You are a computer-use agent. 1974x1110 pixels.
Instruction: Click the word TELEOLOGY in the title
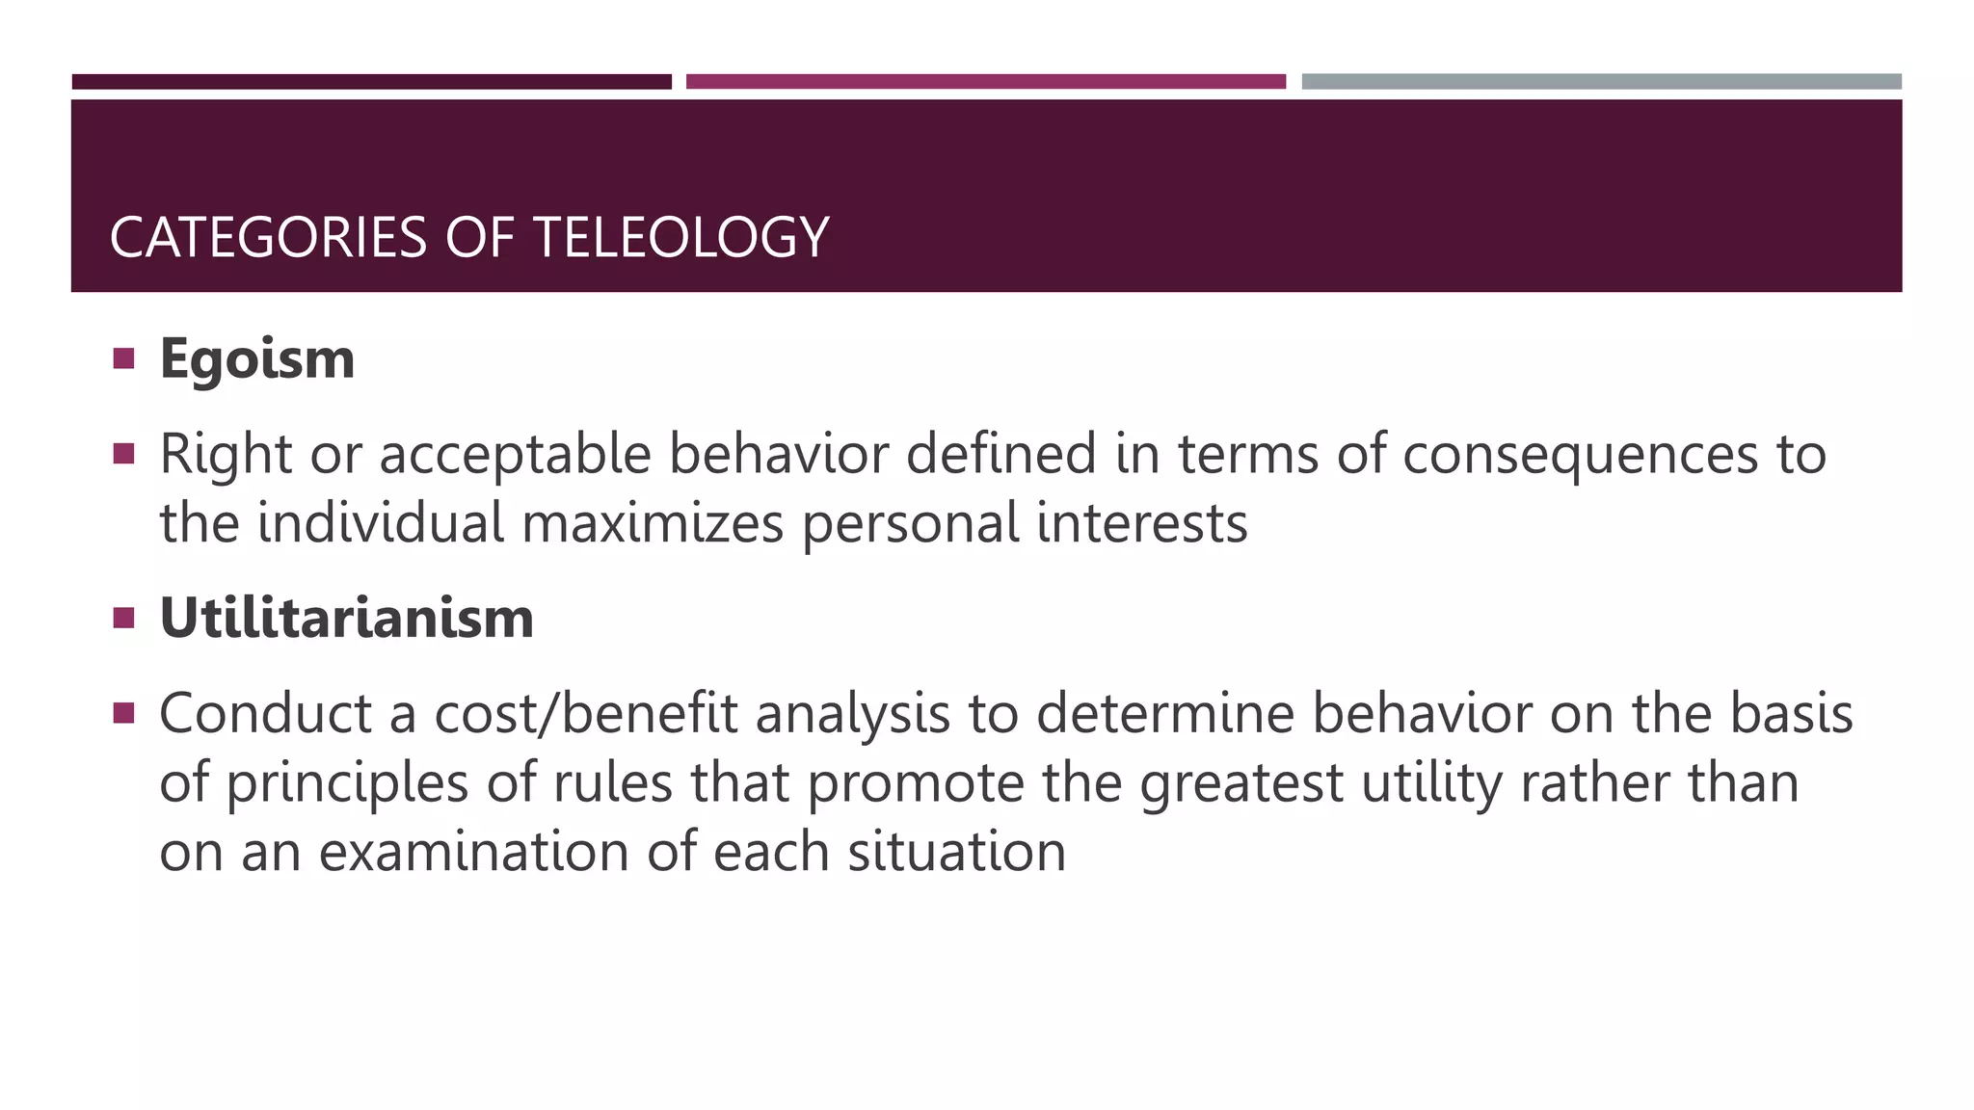[x=680, y=238]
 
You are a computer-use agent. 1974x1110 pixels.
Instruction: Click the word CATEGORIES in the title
[x=268, y=238]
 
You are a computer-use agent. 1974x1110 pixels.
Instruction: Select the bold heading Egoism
[x=257, y=359]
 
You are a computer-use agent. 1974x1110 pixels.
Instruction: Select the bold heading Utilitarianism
[x=347, y=618]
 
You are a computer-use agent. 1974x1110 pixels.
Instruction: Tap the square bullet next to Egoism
[x=123, y=359]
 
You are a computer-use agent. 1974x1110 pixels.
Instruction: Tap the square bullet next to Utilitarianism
[x=123, y=618]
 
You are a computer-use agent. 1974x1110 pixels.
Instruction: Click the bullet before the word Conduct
[x=123, y=713]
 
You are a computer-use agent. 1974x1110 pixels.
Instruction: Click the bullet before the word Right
[x=123, y=453]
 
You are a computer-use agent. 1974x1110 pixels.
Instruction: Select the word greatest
[x=1241, y=783]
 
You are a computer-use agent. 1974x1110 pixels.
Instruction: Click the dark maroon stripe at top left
[x=371, y=82]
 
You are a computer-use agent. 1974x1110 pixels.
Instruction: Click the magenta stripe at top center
[x=985, y=82]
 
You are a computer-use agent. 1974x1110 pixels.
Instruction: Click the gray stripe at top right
[x=1601, y=82]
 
